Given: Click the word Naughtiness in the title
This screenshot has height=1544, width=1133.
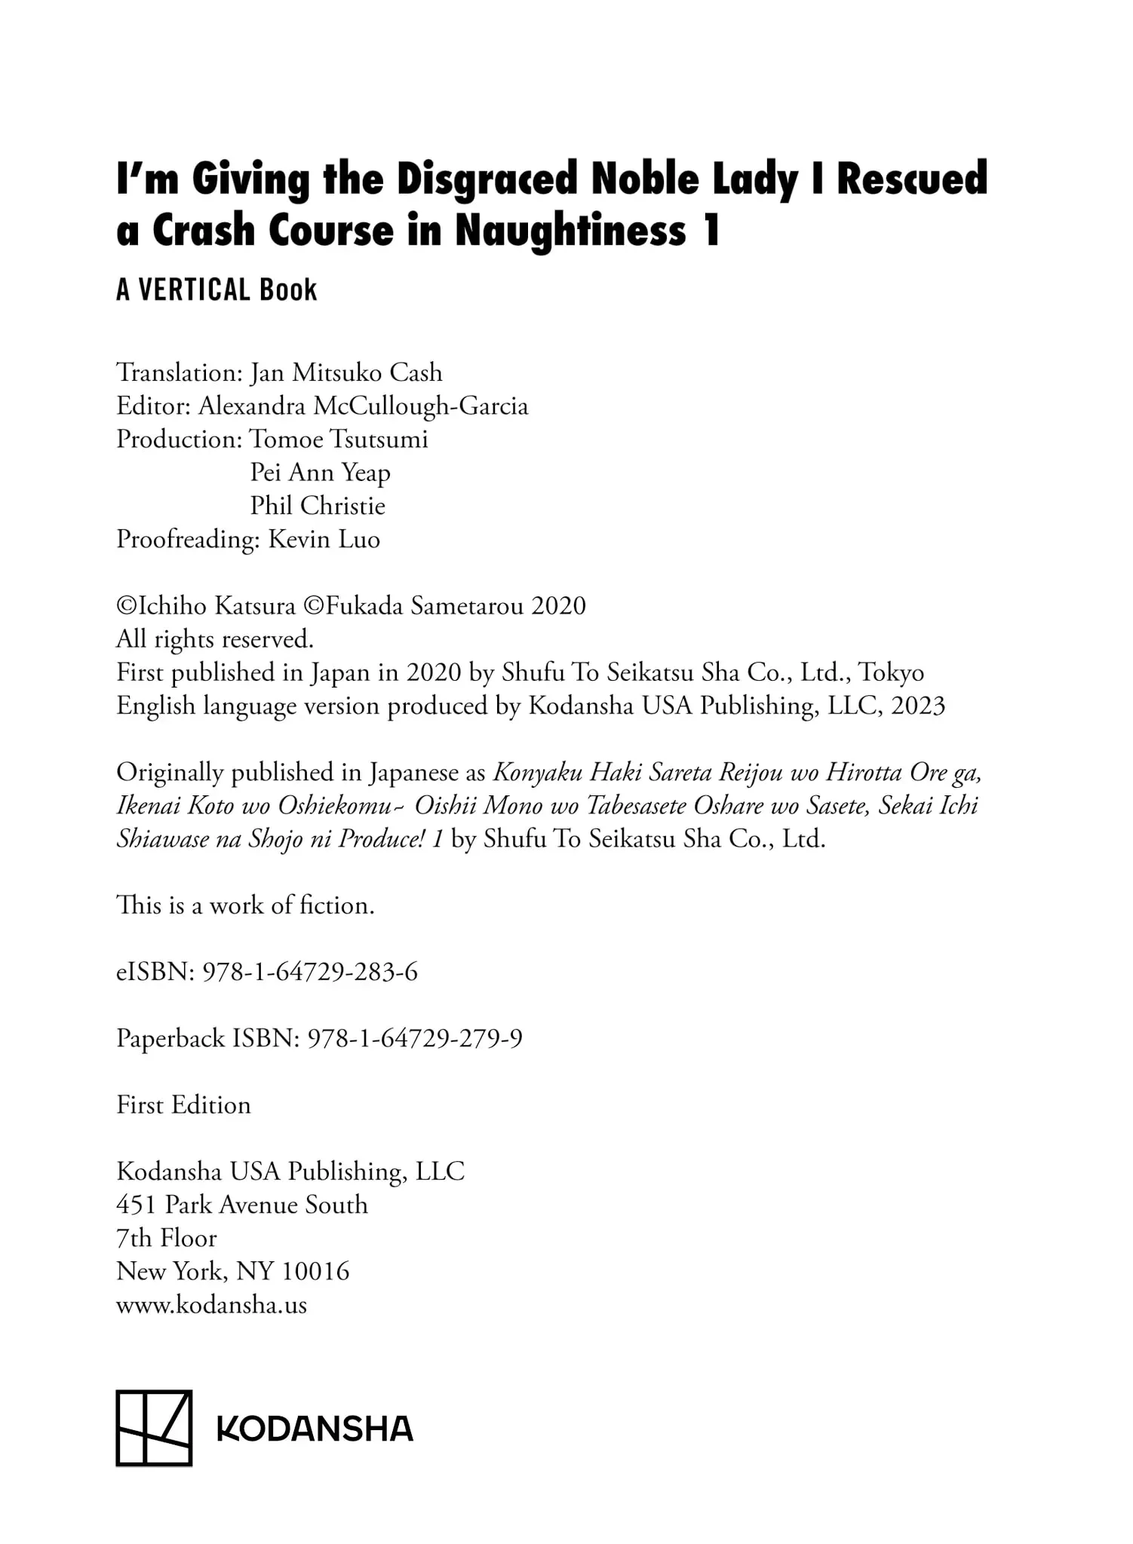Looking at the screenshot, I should [x=570, y=231].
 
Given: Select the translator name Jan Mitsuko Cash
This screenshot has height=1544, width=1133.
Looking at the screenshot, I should [x=346, y=372].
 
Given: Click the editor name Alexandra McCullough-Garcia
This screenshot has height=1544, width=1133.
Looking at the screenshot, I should [x=363, y=406].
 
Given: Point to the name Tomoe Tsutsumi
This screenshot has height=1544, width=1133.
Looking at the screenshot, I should [x=339, y=440].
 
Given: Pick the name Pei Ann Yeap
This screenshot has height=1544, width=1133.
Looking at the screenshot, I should [x=320, y=473].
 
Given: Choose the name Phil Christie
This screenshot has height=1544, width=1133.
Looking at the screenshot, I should [x=318, y=506].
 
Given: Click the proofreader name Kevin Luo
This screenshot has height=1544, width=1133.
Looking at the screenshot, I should [x=324, y=540].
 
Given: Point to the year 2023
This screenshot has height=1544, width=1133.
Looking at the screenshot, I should [x=917, y=706].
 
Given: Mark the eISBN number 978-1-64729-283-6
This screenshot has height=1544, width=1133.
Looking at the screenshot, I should [x=310, y=972].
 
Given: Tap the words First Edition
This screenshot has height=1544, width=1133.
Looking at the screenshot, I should [x=183, y=1105].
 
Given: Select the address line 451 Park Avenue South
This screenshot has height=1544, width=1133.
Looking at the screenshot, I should [x=242, y=1205].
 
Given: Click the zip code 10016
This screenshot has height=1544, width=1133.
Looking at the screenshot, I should [x=315, y=1271].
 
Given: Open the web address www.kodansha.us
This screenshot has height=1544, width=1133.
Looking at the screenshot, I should [x=212, y=1305].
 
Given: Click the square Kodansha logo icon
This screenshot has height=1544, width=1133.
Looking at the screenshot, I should [x=154, y=1428].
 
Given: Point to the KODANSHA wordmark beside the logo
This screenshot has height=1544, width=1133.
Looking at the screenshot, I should [x=315, y=1429].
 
